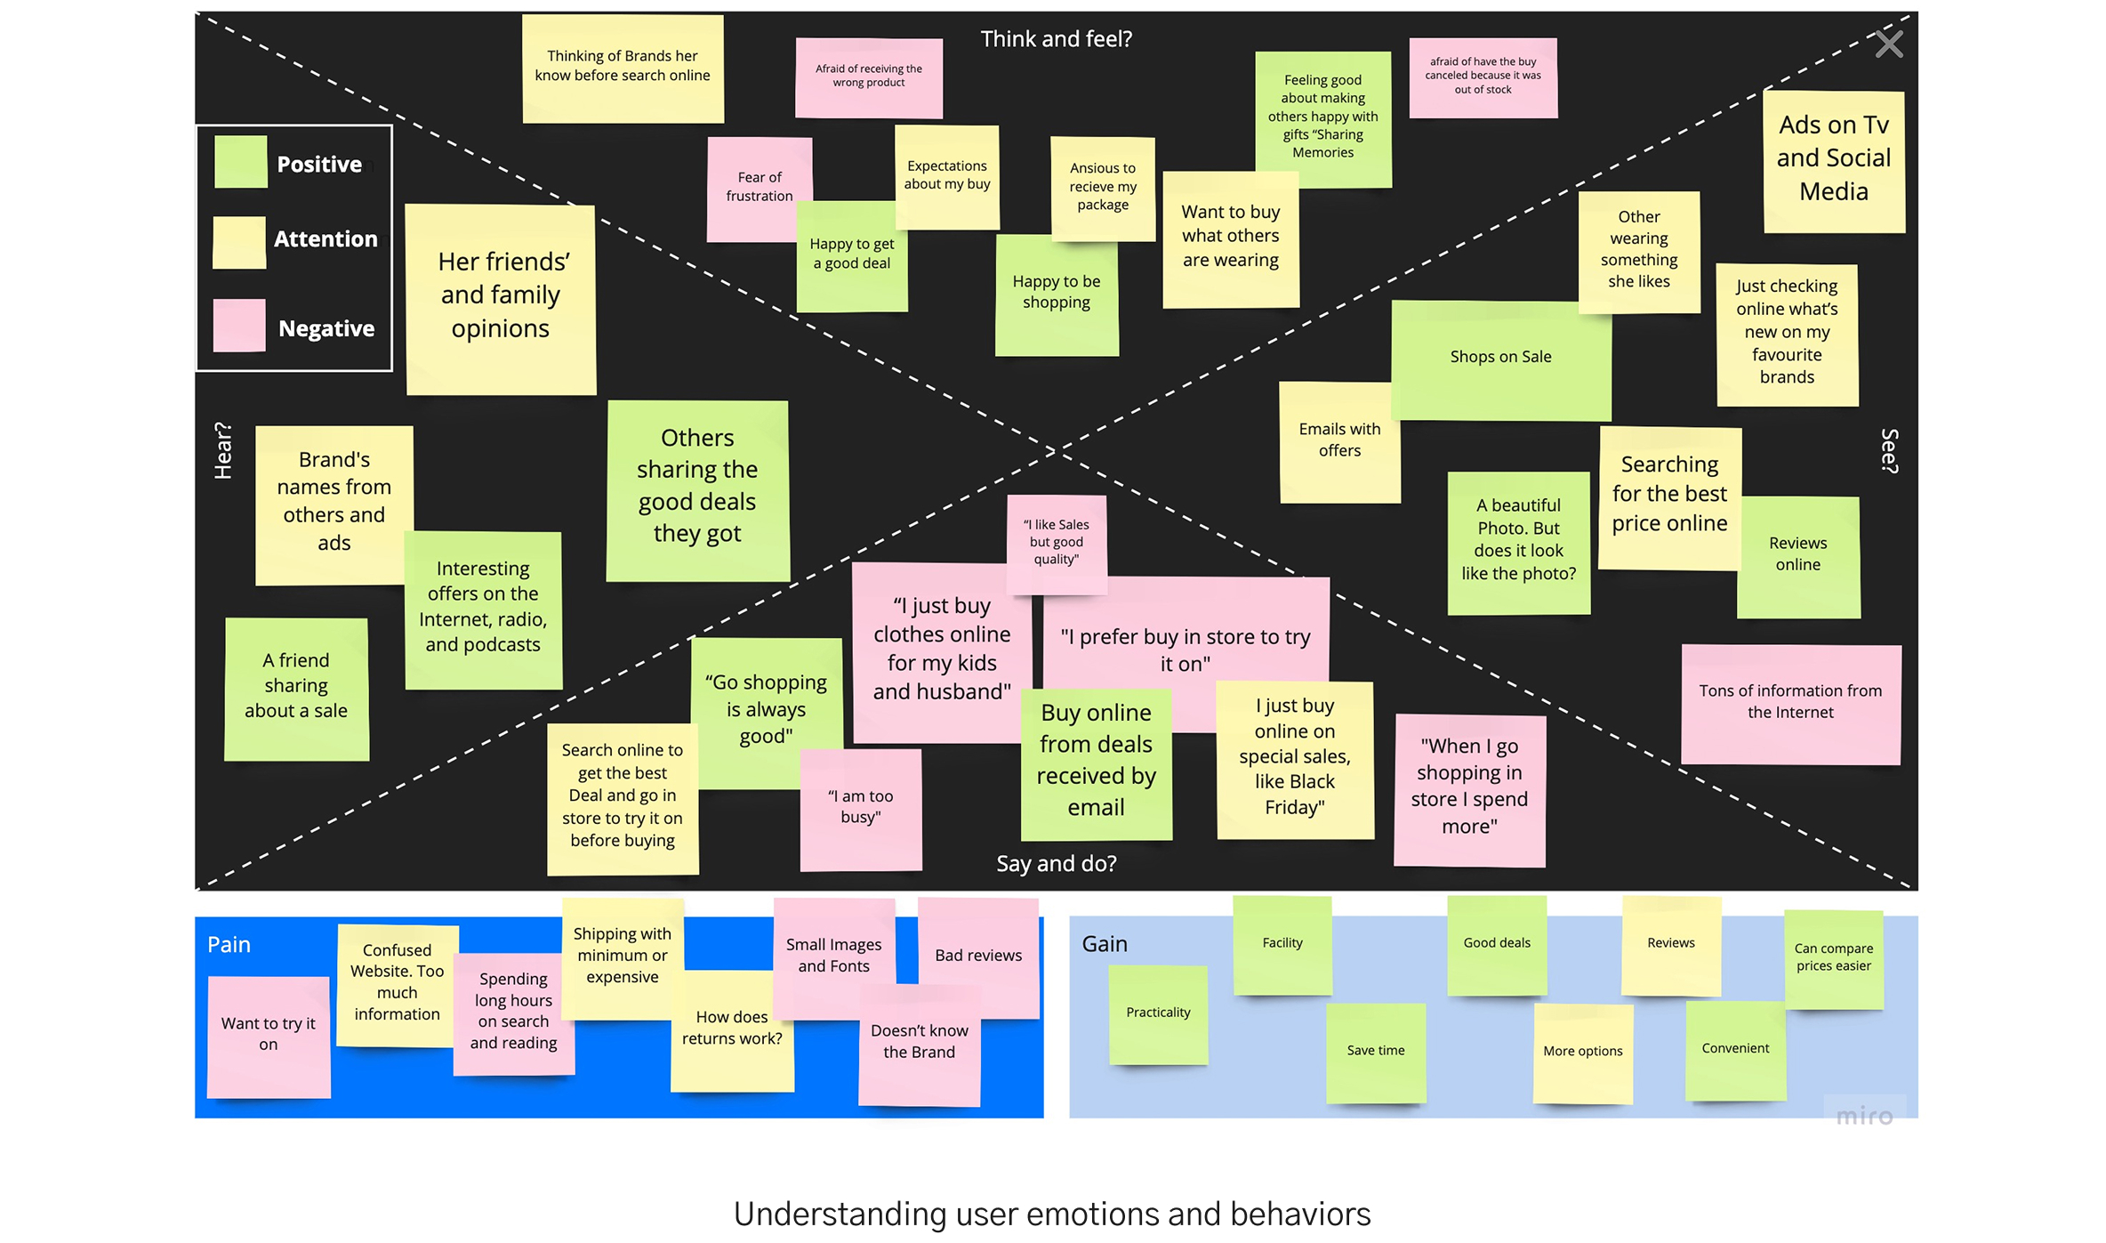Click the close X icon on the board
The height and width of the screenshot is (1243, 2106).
pos(1888,44)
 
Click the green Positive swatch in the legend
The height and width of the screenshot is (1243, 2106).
pos(240,162)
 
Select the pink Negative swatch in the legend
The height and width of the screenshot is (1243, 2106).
pos(239,326)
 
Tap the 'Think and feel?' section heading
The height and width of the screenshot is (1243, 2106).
pos(1056,39)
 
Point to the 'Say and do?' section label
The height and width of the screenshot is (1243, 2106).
pos(1056,863)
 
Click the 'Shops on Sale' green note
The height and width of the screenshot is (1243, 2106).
pos(1500,358)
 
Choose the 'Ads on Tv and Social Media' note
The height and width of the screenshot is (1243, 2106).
pos(1833,159)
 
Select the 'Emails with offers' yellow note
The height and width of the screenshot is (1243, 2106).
pos(1338,440)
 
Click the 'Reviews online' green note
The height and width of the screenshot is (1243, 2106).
pos(1797,555)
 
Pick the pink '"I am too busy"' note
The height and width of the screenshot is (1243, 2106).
pos(860,807)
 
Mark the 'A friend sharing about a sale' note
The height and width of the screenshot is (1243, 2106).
pos(296,687)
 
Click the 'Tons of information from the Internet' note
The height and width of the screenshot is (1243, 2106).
pos(1789,702)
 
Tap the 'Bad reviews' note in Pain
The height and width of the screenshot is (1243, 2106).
pos(977,955)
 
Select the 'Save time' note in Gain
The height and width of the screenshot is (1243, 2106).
pos(1375,1051)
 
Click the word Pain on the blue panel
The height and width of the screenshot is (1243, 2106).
pos(229,945)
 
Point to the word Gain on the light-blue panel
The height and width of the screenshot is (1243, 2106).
pos(1104,944)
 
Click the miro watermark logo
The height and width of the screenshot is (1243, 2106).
pos(1864,1116)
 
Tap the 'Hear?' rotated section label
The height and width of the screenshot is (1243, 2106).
pos(223,450)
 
